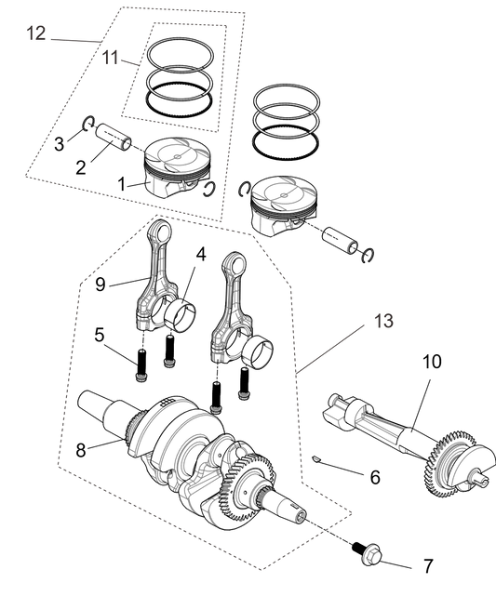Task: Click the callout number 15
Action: [382, 322]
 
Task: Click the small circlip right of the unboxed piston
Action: [352, 247]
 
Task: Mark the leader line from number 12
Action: [74, 41]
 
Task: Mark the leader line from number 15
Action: [335, 350]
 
